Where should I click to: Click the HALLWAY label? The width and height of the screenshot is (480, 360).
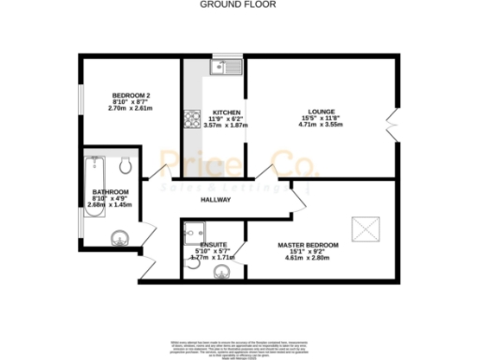[217, 201]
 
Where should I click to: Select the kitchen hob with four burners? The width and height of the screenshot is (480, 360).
[193, 119]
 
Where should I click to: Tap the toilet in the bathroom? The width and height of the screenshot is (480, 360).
[127, 166]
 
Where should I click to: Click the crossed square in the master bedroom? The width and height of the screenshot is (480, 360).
[361, 227]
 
